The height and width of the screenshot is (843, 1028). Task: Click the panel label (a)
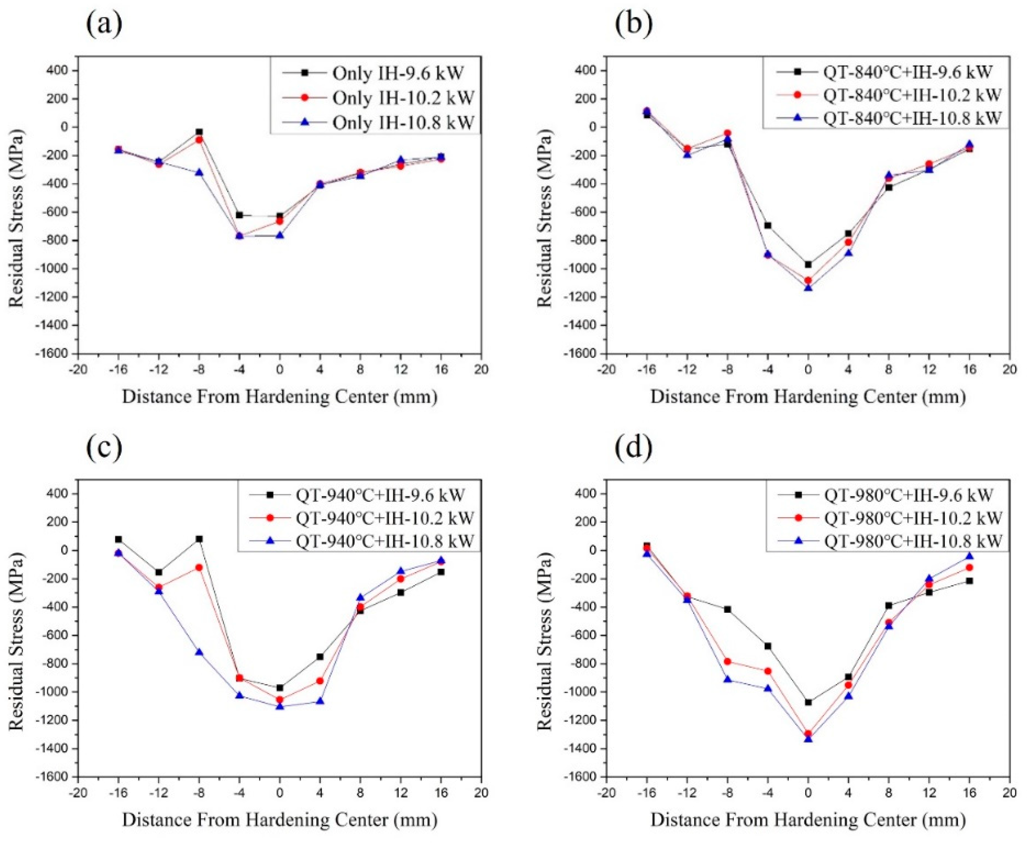pyautogui.click(x=104, y=24)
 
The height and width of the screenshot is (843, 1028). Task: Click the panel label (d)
pyautogui.click(x=633, y=447)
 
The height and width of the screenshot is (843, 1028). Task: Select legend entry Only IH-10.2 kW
pyautogui.click(x=403, y=97)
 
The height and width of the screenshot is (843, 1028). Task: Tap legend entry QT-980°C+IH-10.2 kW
pyautogui.click(x=912, y=518)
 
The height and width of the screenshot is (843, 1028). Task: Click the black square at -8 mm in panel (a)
pyautogui.click(x=199, y=132)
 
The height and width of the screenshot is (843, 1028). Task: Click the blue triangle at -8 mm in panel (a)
pyautogui.click(x=199, y=173)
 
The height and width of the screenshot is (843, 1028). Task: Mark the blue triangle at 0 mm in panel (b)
pyautogui.click(x=808, y=288)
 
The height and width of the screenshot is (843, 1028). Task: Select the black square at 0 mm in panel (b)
pyautogui.click(x=808, y=265)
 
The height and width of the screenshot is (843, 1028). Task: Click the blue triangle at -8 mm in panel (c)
pyautogui.click(x=199, y=652)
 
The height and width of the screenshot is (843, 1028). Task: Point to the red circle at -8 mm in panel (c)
pyautogui.click(x=199, y=567)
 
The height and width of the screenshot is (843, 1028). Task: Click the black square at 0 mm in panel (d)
pyautogui.click(x=808, y=702)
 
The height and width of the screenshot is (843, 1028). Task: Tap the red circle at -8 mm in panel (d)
pyautogui.click(x=727, y=661)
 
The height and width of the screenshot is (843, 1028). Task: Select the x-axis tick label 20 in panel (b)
pyautogui.click(x=1010, y=370)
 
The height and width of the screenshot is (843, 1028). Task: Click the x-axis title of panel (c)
pyautogui.click(x=280, y=820)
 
